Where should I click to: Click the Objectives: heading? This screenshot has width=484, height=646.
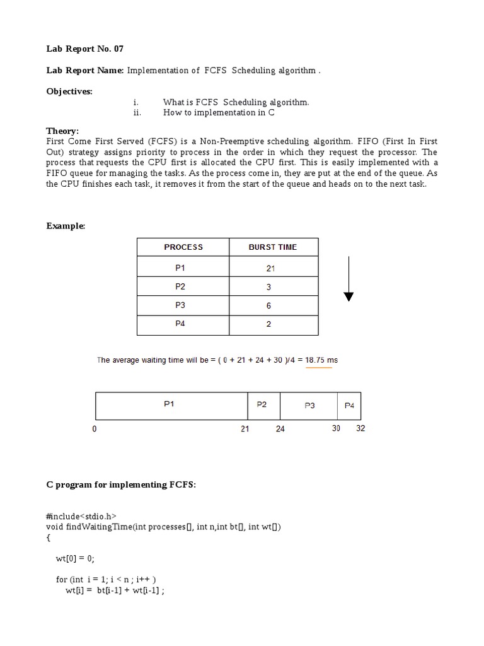click(x=69, y=91)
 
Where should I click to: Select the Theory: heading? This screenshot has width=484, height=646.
click(x=62, y=131)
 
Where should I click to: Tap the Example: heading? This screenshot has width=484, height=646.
click(x=66, y=226)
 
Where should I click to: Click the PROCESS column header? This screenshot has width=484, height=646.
click(x=183, y=247)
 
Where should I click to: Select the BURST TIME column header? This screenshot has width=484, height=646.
click(x=273, y=247)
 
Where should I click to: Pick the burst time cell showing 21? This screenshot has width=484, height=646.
click(x=271, y=268)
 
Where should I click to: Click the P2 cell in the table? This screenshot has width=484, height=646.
click(x=181, y=287)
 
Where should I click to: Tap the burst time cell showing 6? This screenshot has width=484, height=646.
click(x=269, y=305)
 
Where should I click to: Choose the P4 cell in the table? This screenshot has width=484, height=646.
click(x=181, y=324)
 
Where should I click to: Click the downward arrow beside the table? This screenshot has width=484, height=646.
click(x=349, y=278)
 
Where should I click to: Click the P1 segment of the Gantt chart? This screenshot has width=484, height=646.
click(x=169, y=405)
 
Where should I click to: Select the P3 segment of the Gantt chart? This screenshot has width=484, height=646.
click(x=309, y=406)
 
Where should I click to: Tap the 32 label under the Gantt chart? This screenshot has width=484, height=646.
click(x=360, y=428)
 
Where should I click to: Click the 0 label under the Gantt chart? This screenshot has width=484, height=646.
click(x=95, y=429)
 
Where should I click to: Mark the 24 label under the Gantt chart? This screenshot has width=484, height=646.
click(x=280, y=429)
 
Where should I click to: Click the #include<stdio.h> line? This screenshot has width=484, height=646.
click(x=81, y=516)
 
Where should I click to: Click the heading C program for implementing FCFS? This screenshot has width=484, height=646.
click(x=121, y=484)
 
